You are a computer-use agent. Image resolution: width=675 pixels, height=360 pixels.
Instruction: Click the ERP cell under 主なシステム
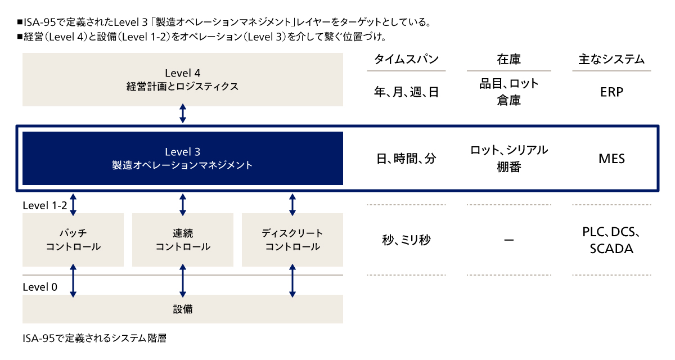tap(611, 92)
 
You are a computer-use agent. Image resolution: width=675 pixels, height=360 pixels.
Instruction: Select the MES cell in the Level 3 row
tap(611, 159)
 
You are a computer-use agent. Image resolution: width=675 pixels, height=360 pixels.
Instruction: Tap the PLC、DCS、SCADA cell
tap(611, 240)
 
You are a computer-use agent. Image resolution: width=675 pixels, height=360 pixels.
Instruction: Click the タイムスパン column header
tap(406, 60)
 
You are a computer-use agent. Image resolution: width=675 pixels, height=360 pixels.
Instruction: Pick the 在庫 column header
tap(509, 60)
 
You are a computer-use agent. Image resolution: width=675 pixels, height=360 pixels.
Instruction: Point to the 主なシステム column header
tap(611, 60)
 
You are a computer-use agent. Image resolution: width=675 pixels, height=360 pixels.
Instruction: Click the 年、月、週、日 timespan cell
tap(406, 92)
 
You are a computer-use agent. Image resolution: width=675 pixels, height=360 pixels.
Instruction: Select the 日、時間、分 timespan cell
tap(406, 159)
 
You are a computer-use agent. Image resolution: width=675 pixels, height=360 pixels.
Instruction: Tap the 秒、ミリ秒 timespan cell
tap(406, 240)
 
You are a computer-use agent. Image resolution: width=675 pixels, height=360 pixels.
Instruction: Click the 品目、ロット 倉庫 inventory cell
tap(509, 92)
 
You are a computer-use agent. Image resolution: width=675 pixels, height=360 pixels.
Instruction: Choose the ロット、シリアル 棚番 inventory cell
tap(509, 158)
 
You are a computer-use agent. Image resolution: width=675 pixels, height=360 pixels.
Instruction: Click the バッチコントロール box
tap(73, 240)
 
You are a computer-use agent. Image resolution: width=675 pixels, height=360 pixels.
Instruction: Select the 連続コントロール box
tap(183, 240)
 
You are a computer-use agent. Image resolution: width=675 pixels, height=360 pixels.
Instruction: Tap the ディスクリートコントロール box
tap(292, 240)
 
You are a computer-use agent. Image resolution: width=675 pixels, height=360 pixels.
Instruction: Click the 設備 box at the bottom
tap(183, 309)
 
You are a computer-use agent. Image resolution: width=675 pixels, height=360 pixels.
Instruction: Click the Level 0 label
tap(40, 287)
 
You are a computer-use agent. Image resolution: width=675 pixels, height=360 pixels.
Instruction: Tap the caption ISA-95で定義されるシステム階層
tap(95, 339)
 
